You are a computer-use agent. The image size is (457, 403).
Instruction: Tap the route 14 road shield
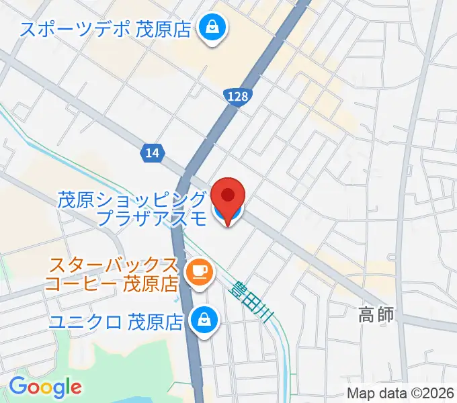(152, 153)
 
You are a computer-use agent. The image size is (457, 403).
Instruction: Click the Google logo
(45, 386)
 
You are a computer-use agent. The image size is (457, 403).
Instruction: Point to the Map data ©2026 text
(401, 394)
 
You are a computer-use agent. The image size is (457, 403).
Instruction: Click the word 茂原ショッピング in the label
(132, 199)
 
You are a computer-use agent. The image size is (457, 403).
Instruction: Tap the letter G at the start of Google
(17, 386)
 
